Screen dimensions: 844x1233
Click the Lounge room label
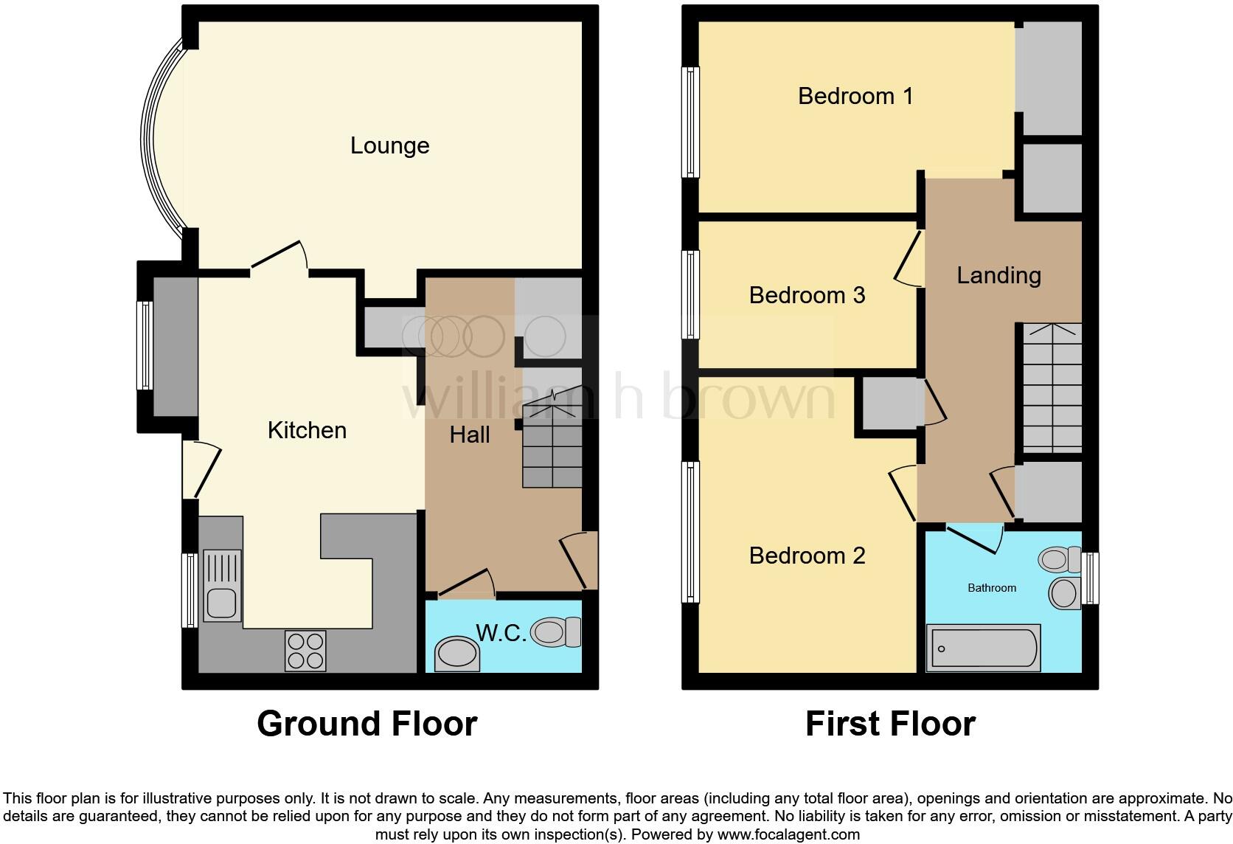pyautogui.click(x=389, y=145)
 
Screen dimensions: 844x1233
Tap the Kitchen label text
pyautogui.click(x=307, y=430)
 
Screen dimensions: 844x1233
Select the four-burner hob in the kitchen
pyautogui.click(x=305, y=651)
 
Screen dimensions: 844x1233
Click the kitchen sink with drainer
pyautogui.click(x=222, y=587)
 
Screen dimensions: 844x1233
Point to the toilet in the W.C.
pyautogui.click(x=555, y=632)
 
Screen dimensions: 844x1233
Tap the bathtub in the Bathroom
pyautogui.click(x=983, y=648)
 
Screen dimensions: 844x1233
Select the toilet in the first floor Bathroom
pyautogui.click(x=1058, y=559)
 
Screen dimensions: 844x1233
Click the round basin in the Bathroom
pyautogui.click(x=1063, y=593)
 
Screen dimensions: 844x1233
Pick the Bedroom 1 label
pyautogui.click(x=855, y=96)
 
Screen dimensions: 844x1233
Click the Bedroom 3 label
pyautogui.click(x=807, y=295)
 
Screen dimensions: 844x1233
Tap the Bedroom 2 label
pyautogui.click(x=807, y=556)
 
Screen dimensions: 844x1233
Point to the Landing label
pyautogui.click(x=998, y=275)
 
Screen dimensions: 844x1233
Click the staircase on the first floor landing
pyautogui.click(x=1052, y=388)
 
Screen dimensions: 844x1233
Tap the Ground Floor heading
pyautogui.click(x=367, y=724)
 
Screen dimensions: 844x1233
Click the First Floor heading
pyautogui.click(x=890, y=724)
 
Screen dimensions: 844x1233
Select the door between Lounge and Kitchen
pyautogui.click(x=279, y=258)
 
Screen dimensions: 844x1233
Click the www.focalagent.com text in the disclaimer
pyautogui.click(x=788, y=834)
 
